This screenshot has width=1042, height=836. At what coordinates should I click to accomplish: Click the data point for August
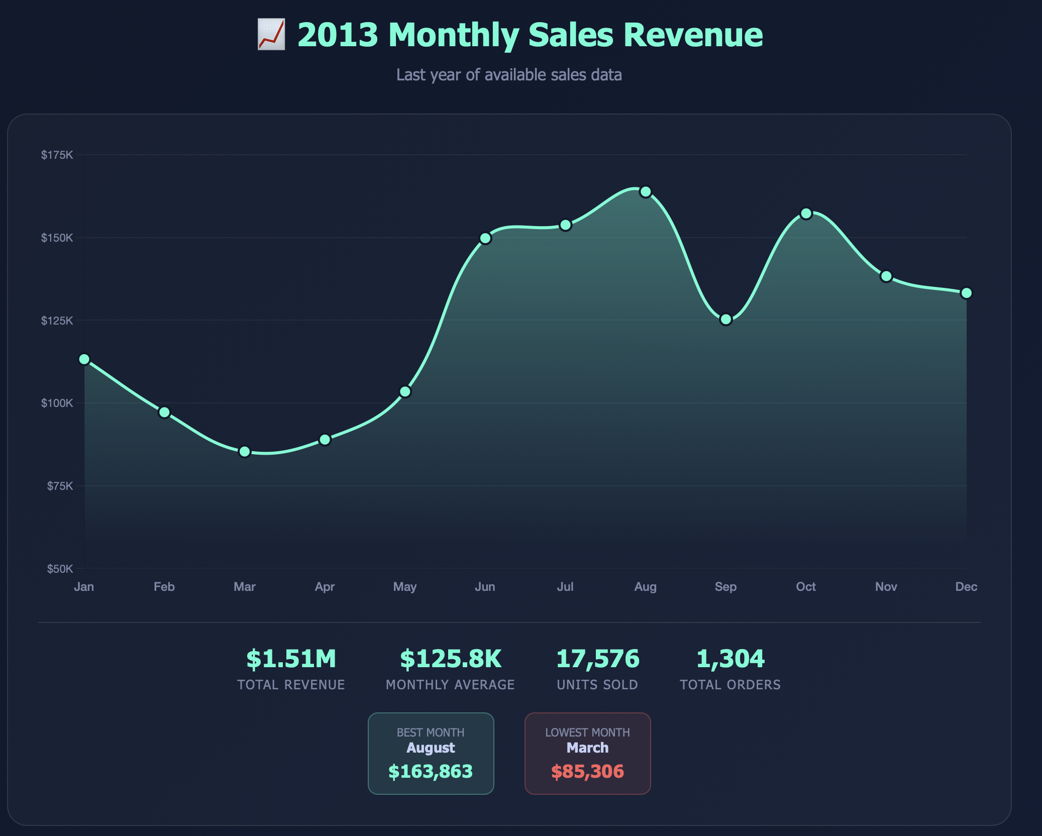[x=645, y=192]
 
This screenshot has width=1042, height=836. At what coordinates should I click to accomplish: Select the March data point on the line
[x=245, y=452]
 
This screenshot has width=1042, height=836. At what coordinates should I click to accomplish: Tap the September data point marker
[x=725, y=320]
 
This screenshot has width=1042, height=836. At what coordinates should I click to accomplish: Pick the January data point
[x=84, y=359]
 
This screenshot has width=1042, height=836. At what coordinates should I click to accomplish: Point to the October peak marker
[x=806, y=214]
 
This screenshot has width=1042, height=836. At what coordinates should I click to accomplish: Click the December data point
[x=966, y=293]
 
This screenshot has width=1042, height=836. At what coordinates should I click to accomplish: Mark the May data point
[x=405, y=391]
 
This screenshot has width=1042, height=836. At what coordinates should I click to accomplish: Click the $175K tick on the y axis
[x=57, y=155]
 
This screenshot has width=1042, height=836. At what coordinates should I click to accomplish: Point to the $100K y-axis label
[x=57, y=403]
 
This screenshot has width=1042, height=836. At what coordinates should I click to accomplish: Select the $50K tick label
[x=60, y=569]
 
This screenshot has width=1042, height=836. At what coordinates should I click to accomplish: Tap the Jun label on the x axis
[x=485, y=587]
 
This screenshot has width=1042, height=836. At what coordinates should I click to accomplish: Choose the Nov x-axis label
[x=886, y=587]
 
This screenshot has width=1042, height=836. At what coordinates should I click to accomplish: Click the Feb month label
[x=164, y=587]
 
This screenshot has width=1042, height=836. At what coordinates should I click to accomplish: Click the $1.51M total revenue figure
[x=291, y=659]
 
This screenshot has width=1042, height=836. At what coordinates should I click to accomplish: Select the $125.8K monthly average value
[x=450, y=659]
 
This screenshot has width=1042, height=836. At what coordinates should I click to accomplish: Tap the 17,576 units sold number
[x=597, y=659]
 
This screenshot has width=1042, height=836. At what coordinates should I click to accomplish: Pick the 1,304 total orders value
[x=730, y=659]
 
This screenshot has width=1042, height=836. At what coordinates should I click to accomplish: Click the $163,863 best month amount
[x=431, y=771]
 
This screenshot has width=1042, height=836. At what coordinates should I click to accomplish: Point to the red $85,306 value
[x=587, y=771]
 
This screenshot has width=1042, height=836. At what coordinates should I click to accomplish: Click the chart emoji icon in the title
[x=271, y=35]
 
